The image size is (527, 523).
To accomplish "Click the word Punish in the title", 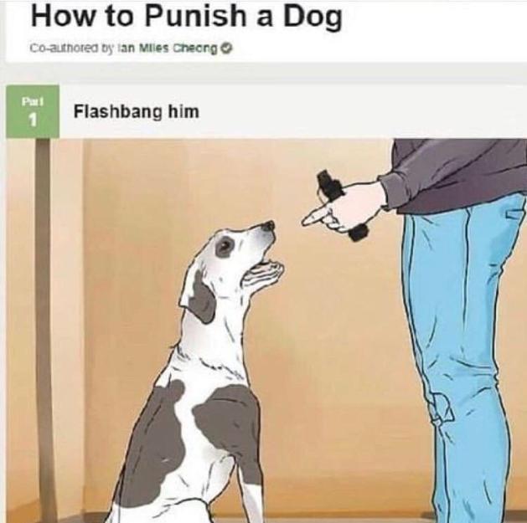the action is pos(195,16).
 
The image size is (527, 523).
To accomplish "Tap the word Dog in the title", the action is pos(313,18).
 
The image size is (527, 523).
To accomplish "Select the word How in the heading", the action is pos(63,16).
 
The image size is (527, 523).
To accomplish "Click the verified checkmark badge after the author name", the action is pos(228,49).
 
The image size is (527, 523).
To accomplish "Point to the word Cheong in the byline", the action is pos(195,49).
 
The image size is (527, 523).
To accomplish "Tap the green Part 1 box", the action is pos(33,111).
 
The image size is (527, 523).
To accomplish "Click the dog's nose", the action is pos(269,226).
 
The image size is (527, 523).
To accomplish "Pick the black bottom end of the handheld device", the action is pos(359,233).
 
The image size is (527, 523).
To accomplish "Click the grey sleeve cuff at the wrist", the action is pos(386,192).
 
